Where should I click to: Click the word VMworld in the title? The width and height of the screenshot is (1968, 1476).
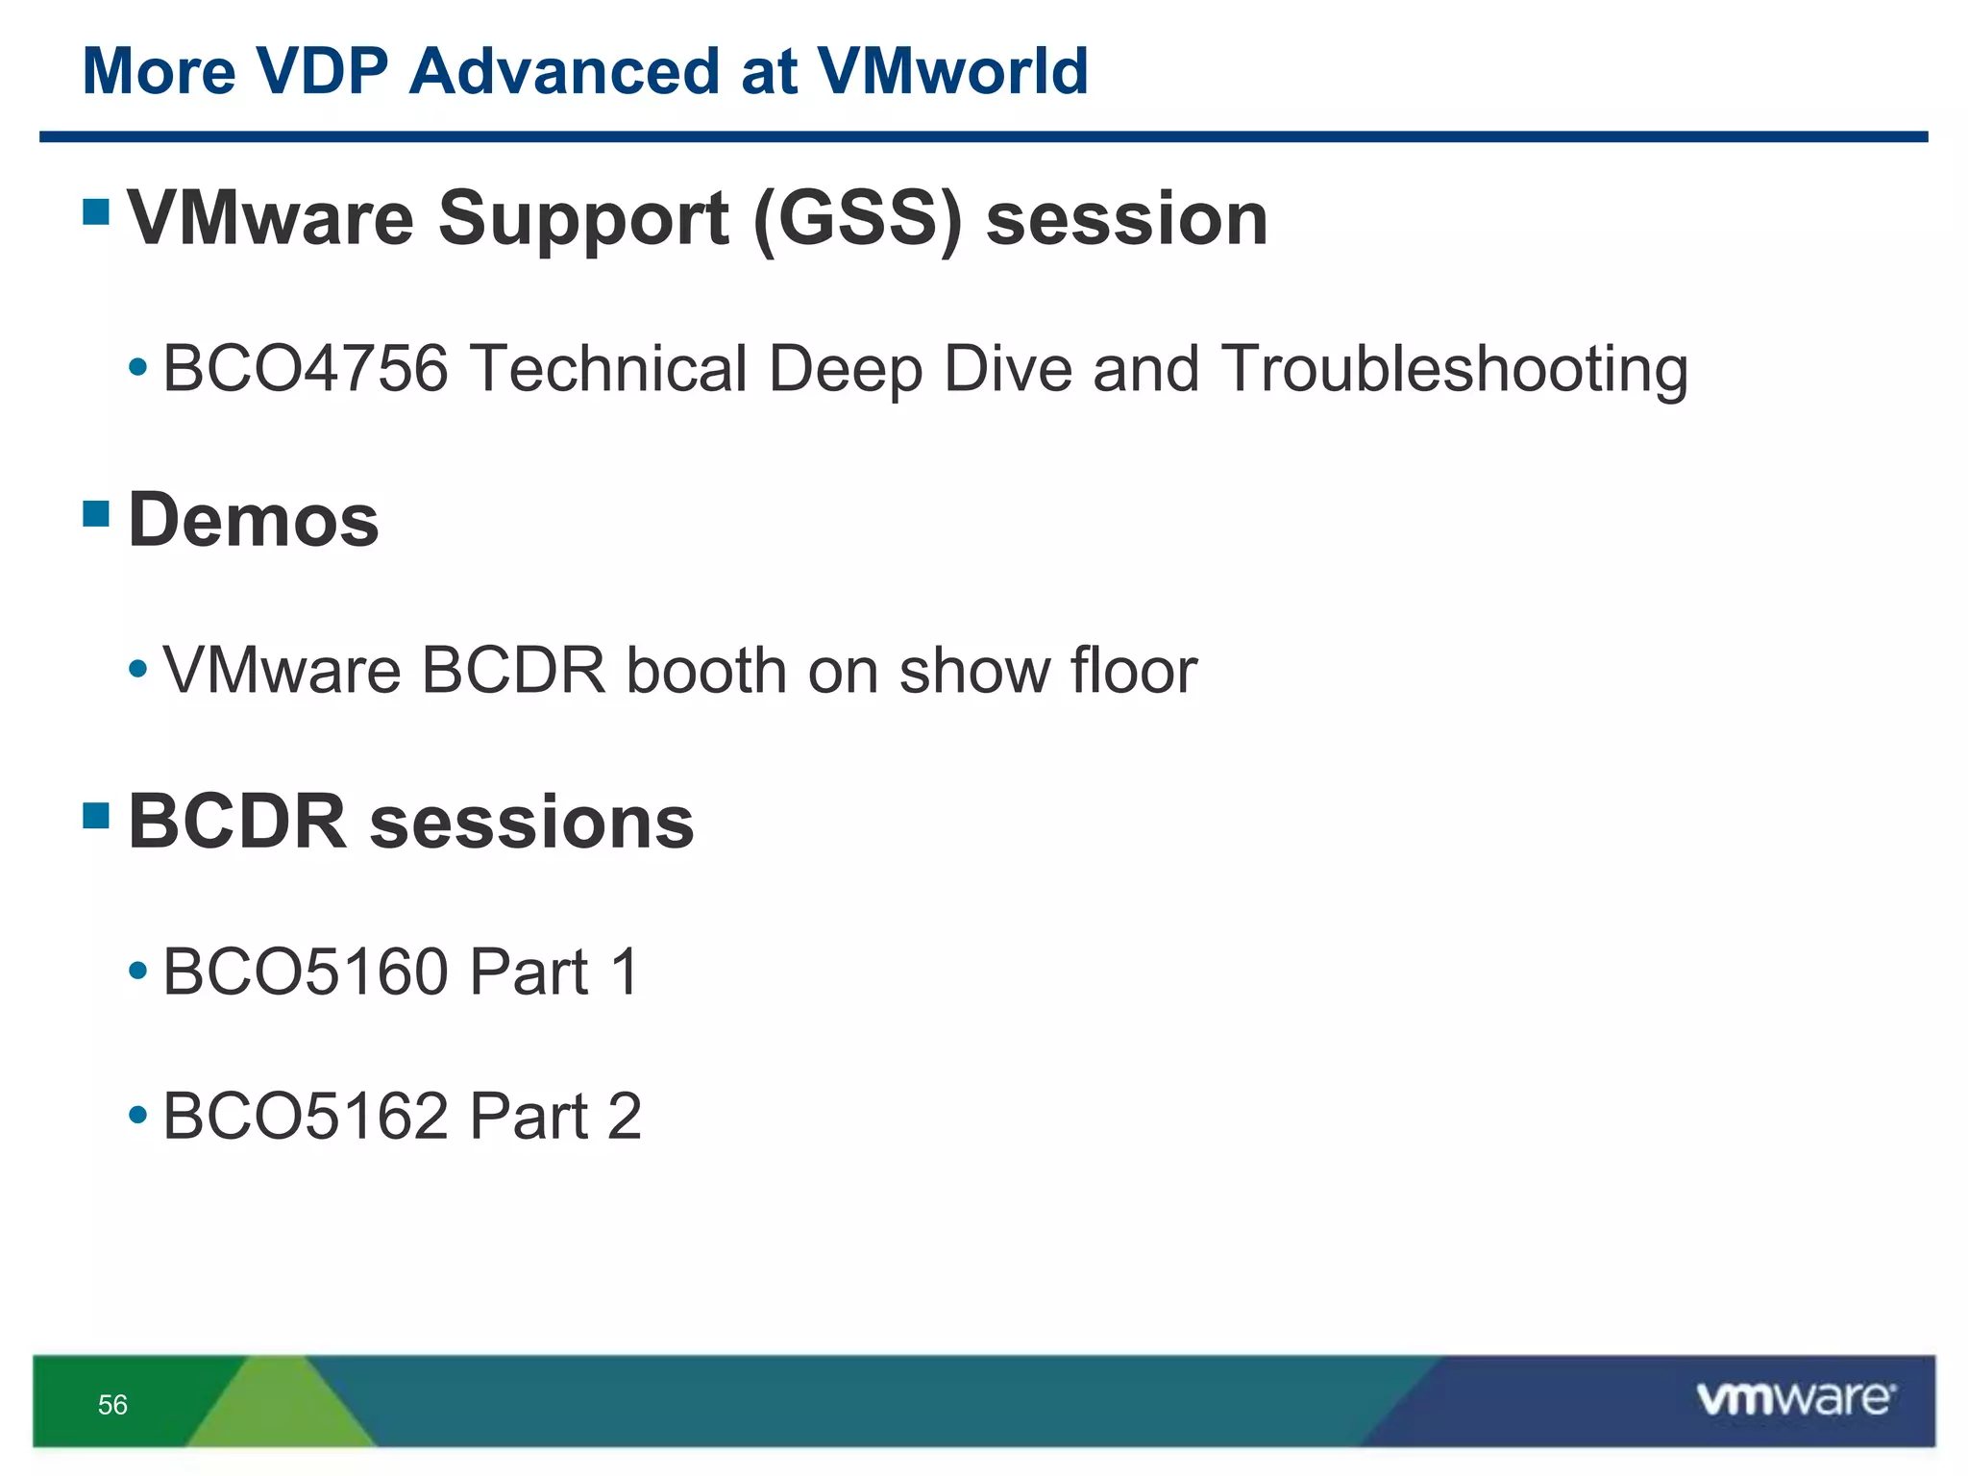952,72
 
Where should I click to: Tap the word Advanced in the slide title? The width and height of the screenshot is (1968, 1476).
564,72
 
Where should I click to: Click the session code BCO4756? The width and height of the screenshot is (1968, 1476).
306,369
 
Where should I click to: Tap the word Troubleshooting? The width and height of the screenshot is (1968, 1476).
1454,371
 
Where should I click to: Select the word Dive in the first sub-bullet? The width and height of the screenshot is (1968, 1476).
1007,369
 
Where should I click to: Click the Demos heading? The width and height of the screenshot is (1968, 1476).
254,520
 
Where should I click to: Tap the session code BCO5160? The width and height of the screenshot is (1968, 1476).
306,972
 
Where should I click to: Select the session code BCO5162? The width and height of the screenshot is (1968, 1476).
306,1117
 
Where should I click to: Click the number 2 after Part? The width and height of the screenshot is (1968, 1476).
625,1117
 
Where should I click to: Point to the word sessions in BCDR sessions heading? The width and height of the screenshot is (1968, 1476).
531,823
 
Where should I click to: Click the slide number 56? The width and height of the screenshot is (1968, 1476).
112,1405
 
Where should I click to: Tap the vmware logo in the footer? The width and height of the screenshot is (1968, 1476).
1795,1399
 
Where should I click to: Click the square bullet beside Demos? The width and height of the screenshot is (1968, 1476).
96,514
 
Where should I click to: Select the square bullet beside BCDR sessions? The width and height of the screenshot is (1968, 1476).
96,816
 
